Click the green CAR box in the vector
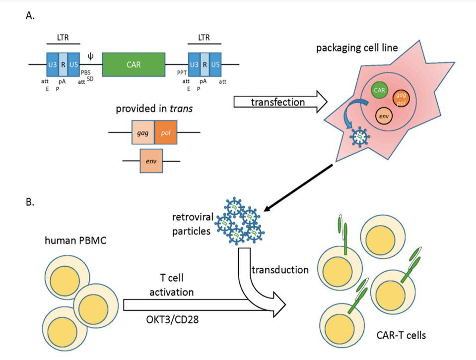134,64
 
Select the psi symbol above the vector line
90,56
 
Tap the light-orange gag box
143,133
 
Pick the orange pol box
165,133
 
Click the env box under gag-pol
151,161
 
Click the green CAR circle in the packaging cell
380,90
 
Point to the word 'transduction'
280,270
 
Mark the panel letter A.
30,15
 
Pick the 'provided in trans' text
154,109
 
